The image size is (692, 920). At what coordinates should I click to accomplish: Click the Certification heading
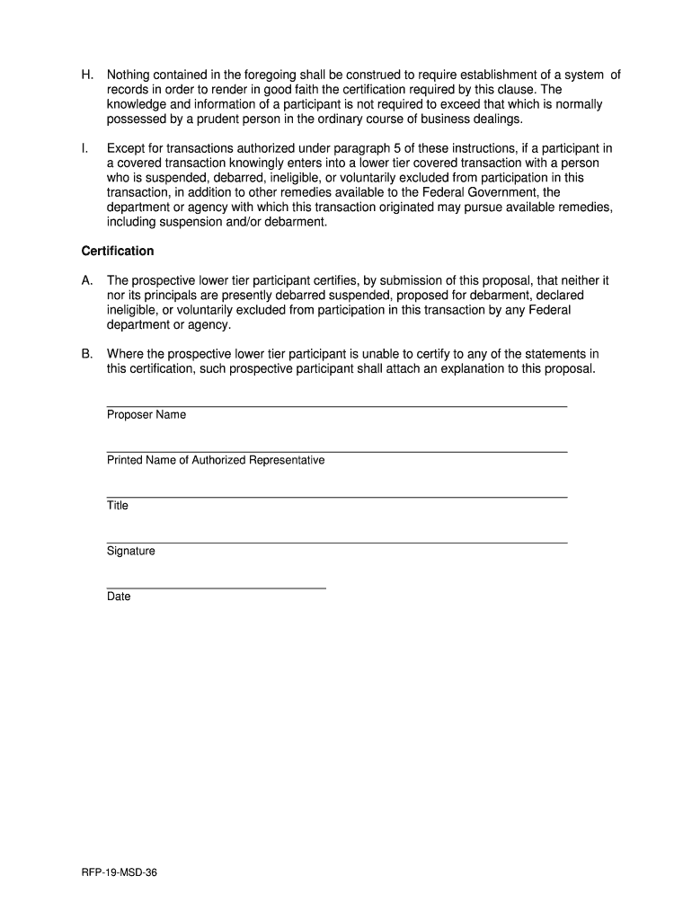point(118,251)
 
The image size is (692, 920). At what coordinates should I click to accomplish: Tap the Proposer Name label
point(146,415)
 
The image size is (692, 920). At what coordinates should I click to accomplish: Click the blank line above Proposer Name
point(337,407)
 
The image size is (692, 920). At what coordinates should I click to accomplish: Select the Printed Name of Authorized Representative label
point(216,460)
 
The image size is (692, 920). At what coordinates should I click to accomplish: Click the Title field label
point(118,506)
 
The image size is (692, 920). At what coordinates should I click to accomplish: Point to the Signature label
point(131,551)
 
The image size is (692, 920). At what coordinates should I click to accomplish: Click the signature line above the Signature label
point(337,543)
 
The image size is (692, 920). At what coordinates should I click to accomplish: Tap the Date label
point(119,597)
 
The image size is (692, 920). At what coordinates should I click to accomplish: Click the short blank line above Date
point(216,588)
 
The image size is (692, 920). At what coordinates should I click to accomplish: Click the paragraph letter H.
point(86,75)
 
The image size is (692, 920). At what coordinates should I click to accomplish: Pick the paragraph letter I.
point(84,148)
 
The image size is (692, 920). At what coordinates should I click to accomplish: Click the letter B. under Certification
point(86,354)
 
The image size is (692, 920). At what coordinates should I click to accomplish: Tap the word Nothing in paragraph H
point(131,75)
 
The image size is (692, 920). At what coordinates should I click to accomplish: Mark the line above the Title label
point(337,497)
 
